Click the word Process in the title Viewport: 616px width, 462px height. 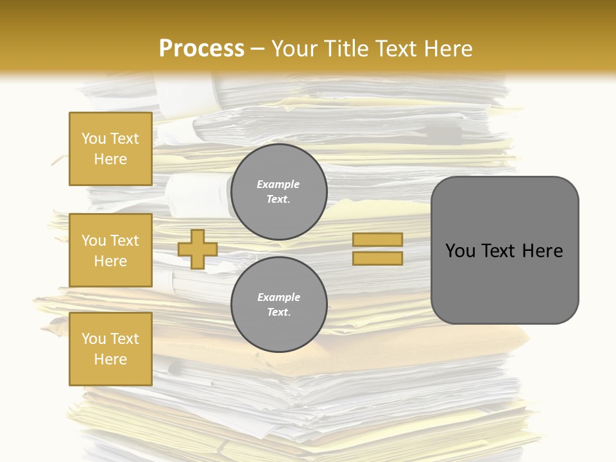201,49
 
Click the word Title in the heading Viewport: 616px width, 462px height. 345,49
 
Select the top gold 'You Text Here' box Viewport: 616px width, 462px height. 110,149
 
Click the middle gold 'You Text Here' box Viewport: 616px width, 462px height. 110,250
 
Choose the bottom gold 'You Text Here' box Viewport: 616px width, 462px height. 110,348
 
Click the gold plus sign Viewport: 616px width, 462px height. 198,249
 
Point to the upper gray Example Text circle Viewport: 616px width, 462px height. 279,192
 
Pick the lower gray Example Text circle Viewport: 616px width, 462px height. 279,305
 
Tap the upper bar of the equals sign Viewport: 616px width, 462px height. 377,239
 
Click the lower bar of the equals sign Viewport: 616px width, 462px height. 377,258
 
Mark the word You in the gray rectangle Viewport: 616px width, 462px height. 460,251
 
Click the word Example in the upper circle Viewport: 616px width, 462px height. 278,184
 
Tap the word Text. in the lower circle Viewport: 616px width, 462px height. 278,312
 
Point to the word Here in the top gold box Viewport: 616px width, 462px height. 110,159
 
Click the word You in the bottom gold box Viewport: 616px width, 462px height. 94,339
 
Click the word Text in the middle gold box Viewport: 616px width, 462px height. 124,241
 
